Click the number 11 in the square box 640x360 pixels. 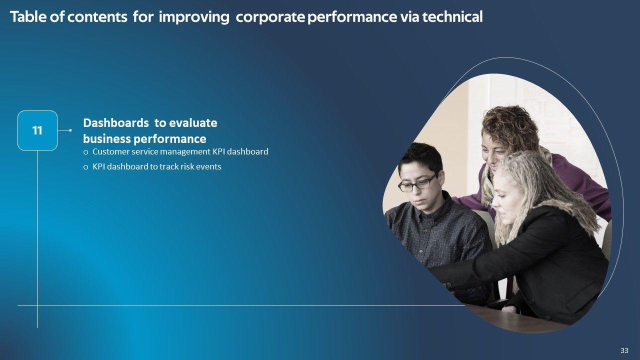click(37, 130)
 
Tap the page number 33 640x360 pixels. click(624, 350)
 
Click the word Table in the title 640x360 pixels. click(28, 16)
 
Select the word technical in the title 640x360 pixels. click(452, 16)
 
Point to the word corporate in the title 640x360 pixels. click(270, 17)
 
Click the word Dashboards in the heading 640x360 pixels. click(116, 123)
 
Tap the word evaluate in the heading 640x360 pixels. click(193, 123)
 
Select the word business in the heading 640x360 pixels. click(107, 139)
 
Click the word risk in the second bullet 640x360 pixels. click(187, 166)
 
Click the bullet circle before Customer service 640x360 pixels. click(85, 152)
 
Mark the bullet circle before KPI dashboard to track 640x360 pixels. click(85, 167)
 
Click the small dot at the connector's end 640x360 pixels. click(70, 130)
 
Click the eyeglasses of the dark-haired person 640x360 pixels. click(418, 183)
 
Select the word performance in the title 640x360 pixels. click(352, 17)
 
